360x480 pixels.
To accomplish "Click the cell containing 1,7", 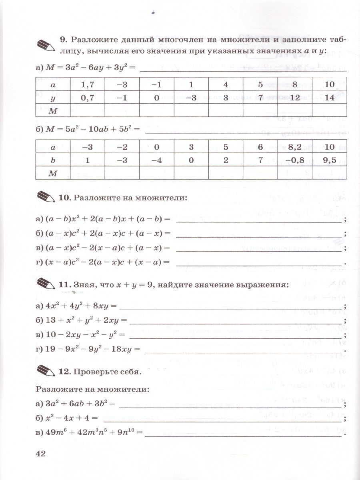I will coord(87,85).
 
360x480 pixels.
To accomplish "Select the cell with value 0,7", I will coord(87,97).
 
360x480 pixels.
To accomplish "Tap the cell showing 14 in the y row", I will coord(329,97).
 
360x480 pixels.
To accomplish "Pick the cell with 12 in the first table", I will coord(294,97).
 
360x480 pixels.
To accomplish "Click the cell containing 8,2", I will coord(294,147).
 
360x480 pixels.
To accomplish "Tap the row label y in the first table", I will coord(53,97).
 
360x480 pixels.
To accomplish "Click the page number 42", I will coord(41,453).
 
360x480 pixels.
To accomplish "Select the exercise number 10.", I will coord(64,198).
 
